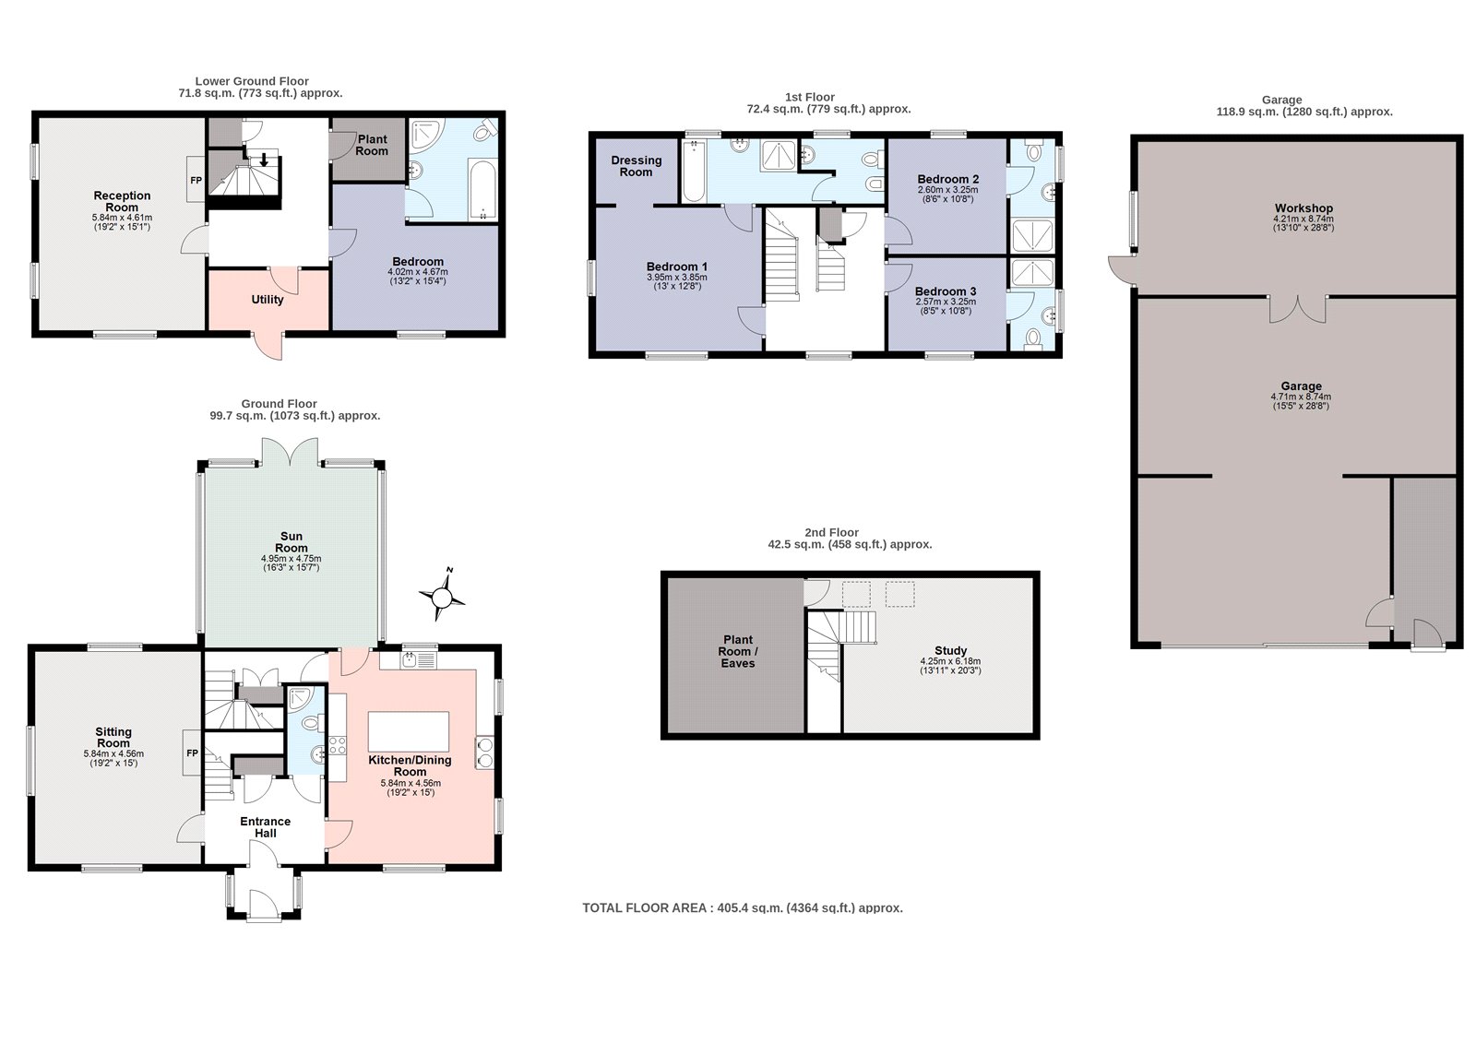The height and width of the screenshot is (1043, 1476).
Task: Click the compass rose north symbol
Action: pos(442,598)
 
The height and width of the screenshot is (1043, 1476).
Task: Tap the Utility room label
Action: pos(268,300)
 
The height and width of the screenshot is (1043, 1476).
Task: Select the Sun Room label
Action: pos(292,542)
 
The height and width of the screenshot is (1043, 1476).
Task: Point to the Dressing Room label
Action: pos(636,166)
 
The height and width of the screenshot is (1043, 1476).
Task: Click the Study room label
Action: pos(950,650)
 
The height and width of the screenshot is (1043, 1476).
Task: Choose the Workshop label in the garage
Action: pos(1303,208)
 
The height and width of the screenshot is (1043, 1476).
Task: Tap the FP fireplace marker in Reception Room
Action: pos(196,180)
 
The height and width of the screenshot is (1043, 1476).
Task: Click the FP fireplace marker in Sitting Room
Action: pos(193,753)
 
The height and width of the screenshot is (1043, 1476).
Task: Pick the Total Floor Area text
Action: pos(743,908)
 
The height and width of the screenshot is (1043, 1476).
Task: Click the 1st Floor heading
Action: pos(810,97)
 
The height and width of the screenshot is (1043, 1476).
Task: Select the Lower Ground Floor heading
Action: pos(252,81)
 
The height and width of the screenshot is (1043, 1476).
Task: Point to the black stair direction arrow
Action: pos(264,160)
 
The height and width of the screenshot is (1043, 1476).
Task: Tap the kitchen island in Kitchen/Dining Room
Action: pos(409,731)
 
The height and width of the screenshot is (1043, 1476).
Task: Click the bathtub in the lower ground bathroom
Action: pos(483,190)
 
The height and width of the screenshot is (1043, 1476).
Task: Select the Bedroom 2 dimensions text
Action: pos(947,195)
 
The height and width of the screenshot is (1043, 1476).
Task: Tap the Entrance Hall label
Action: pos(266,827)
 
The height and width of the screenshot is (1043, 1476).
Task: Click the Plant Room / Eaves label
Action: pos(738,652)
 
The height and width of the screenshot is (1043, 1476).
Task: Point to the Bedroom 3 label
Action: pos(946,291)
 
